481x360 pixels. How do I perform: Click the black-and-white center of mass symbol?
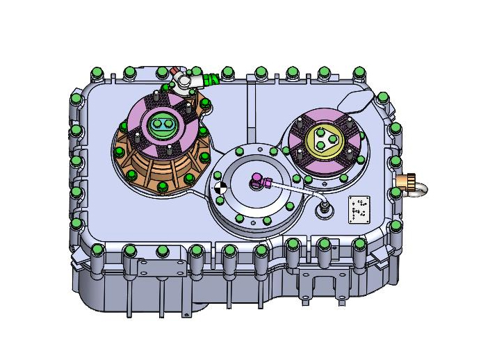(220, 186)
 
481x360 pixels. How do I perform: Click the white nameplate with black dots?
(359, 209)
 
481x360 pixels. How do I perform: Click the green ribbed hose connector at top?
(209, 80)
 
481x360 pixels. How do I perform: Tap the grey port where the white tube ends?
(324, 208)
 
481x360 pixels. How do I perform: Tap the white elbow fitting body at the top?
(184, 83)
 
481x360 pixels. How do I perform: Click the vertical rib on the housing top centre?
(248, 111)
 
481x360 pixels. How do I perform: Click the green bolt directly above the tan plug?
(396, 161)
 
